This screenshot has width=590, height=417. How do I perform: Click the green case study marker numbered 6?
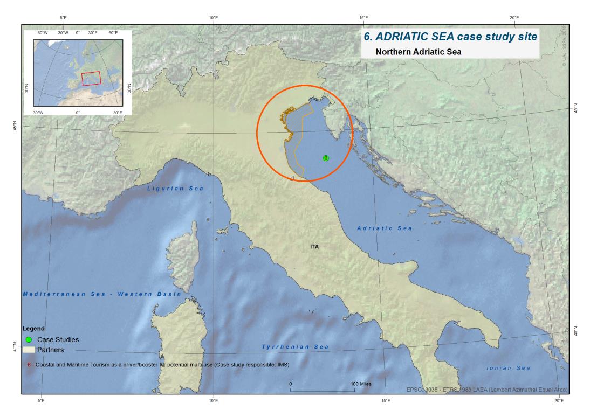[x=326, y=158]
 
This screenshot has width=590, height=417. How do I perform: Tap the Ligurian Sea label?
[x=175, y=189]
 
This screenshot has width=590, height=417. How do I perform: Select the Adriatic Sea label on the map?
[x=385, y=228]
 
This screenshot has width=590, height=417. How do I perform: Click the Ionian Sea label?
[x=509, y=368]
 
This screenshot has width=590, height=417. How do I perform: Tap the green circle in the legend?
[x=29, y=340]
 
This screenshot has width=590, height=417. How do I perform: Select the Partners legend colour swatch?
[x=29, y=350]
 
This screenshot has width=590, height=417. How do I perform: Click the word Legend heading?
[x=33, y=328]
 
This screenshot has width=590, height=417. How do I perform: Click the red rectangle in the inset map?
[x=91, y=79]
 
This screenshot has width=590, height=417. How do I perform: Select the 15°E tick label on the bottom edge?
[x=386, y=400]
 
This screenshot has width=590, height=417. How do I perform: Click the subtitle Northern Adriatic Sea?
[x=414, y=52]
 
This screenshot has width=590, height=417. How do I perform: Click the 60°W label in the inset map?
[x=43, y=33]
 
